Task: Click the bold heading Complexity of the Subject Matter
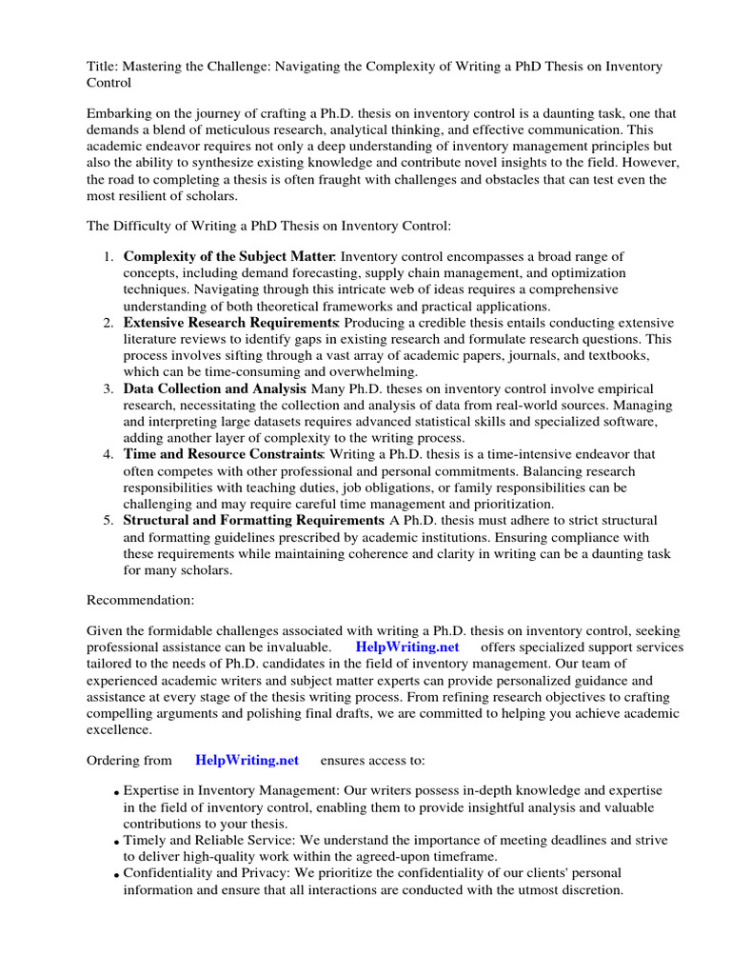(x=228, y=256)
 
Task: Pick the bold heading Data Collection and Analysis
(x=214, y=388)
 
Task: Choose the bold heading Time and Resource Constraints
(x=224, y=454)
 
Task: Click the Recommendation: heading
(x=140, y=601)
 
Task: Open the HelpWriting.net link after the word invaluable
(x=406, y=647)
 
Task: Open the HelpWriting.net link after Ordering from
(x=247, y=760)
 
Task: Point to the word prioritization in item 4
(x=506, y=504)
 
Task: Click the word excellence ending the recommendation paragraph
(x=119, y=729)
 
